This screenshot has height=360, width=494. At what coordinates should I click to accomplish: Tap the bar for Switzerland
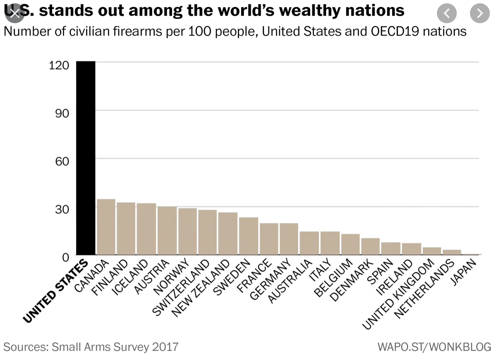pyautogui.click(x=207, y=232)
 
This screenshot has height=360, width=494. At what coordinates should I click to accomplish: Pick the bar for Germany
pyautogui.click(x=289, y=239)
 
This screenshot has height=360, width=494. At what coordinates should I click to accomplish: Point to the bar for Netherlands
pyautogui.click(x=452, y=252)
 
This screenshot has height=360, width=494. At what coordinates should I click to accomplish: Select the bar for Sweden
pyautogui.click(x=248, y=236)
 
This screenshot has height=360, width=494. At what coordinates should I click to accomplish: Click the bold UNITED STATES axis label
pyautogui.click(x=56, y=291)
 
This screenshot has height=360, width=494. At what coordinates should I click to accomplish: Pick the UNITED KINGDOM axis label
pyautogui.click(x=398, y=294)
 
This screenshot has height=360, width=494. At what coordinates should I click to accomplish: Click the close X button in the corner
pyautogui.click(x=14, y=13)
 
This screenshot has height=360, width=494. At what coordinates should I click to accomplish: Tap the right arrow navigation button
pyautogui.click(x=480, y=14)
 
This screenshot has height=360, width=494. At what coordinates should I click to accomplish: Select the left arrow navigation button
pyautogui.click(x=446, y=14)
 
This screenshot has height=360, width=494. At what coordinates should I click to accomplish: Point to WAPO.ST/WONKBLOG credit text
pyautogui.click(x=434, y=346)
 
